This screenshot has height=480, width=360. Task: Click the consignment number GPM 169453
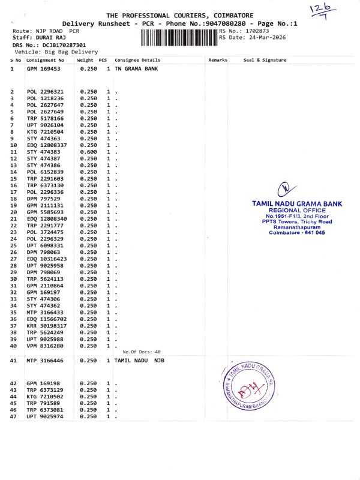pyautogui.click(x=44, y=69)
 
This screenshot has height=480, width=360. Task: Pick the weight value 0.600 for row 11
pyautogui.click(x=88, y=152)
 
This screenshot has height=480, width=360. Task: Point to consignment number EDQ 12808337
pyautogui.click(x=47, y=145)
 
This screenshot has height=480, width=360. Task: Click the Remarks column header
pyautogui.click(x=218, y=61)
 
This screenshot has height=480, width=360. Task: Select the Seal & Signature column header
pyautogui.click(x=265, y=61)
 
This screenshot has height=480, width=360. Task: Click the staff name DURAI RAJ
pyautogui.click(x=50, y=38)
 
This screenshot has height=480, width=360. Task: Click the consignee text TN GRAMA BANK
pyautogui.click(x=136, y=69)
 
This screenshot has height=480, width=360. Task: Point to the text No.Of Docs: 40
pyautogui.click(x=142, y=352)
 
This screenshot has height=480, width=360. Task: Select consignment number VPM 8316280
pyautogui.click(x=45, y=346)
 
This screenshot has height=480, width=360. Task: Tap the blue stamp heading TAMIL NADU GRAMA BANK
pyautogui.click(x=297, y=204)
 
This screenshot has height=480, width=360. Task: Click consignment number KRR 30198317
pyautogui.click(x=47, y=326)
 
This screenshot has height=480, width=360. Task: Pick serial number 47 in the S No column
pyautogui.click(x=13, y=416)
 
